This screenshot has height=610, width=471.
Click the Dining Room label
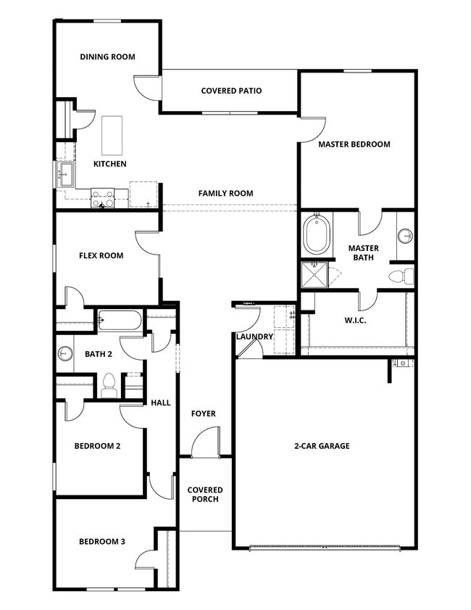tap(107, 57)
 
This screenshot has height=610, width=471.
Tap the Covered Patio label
tap(231, 91)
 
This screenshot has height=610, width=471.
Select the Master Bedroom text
tap(354, 144)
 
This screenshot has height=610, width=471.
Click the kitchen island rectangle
tap(111, 134)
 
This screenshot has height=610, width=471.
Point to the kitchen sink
tap(66, 173)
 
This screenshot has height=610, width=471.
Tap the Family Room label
tap(225, 193)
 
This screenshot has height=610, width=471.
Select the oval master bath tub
tap(317, 234)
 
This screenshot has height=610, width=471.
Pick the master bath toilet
tap(400, 276)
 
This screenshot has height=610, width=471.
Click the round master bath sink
tap(405, 235)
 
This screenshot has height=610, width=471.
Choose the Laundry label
tap(254, 337)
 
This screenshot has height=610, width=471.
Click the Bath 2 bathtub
tap(120, 320)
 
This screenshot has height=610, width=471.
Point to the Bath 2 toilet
tap(109, 385)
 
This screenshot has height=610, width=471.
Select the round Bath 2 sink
tap(65, 354)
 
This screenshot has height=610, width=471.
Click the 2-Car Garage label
tap(322, 445)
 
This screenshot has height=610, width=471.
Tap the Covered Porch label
tap(205, 495)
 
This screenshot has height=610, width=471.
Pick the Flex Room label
tap(101, 255)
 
